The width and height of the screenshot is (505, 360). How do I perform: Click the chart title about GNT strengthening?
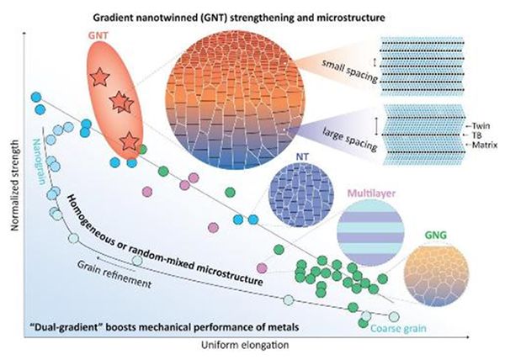(x=239, y=18)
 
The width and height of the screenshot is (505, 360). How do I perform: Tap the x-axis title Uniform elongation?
(x=245, y=345)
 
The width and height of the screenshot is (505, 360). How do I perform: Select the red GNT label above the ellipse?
(x=98, y=35)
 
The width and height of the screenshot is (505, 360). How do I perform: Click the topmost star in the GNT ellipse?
(x=99, y=77)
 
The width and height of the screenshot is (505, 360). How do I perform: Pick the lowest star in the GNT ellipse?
(x=129, y=141)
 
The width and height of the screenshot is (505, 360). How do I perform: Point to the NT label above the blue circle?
(x=302, y=156)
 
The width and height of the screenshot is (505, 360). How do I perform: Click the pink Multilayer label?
(x=371, y=193)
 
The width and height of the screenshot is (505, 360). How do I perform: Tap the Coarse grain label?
(x=398, y=329)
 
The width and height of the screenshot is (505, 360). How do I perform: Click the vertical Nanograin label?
(x=39, y=161)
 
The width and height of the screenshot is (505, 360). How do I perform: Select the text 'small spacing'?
(x=349, y=71)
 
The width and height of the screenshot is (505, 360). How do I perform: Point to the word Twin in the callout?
(x=481, y=126)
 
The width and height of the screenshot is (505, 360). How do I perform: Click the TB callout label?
(x=476, y=135)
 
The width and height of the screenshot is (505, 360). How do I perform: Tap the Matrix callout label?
(x=485, y=146)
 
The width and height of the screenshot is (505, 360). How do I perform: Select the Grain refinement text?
(x=114, y=274)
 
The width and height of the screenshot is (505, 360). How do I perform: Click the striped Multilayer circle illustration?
(x=370, y=233)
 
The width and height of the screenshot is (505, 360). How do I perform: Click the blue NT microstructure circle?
(x=301, y=194)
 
